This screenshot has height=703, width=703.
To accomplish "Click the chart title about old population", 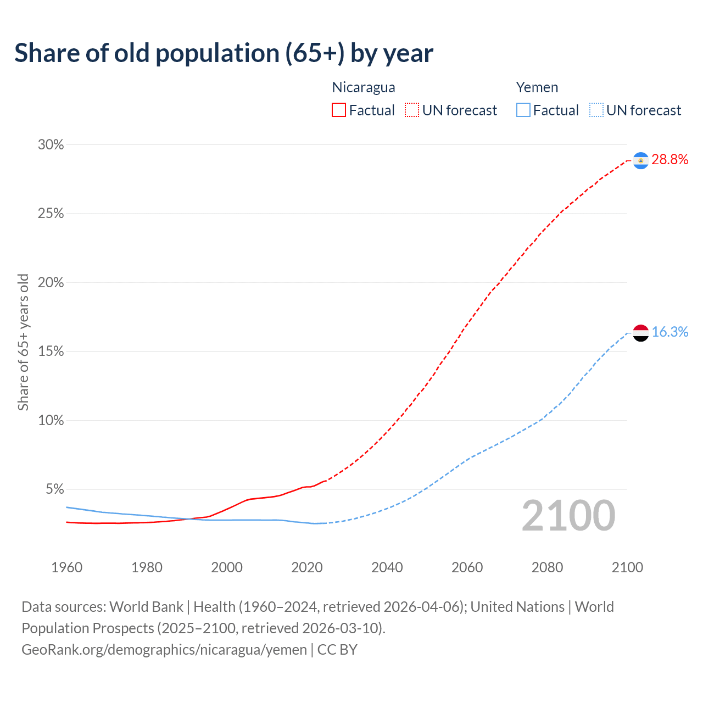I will pos(224,53).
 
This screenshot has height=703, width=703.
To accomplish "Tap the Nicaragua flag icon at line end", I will pos(640,160).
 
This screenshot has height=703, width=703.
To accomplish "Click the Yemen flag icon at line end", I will pos(640,333).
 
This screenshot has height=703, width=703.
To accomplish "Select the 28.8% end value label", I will pos(669,160).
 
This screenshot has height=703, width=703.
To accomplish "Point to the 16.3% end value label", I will pos(669,332).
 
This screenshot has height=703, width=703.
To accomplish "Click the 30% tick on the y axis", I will pos(51,145).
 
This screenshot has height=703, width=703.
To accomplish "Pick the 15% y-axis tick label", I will pos(51,351).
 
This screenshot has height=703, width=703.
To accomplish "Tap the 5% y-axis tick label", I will pos(54,489).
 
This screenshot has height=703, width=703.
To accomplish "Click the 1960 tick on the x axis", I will pos(66,567).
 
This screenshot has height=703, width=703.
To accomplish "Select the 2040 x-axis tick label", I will pos(387,567).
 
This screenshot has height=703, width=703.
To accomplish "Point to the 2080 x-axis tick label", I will pos(547,567).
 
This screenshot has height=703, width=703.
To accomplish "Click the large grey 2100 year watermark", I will pos(568,516).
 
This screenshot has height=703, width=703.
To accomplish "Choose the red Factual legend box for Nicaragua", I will pos(339,110).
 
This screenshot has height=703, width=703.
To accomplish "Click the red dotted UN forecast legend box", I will pos(412,110).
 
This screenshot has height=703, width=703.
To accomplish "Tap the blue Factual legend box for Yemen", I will pos(523,110).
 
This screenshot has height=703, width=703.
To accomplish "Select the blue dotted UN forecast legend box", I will pos(596,110).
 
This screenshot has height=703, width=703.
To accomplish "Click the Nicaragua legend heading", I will pos(364,87).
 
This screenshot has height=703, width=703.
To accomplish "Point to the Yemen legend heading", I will pos(537,87).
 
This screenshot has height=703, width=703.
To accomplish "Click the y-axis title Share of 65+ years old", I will pos(23,342).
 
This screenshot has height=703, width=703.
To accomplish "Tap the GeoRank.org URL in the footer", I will pos(164,650).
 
